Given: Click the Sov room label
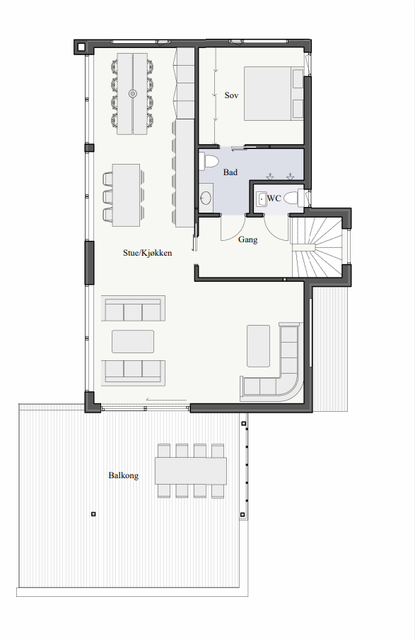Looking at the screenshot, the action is click(231, 95).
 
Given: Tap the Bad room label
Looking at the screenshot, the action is click(230, 172).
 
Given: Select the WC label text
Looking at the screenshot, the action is click(274, 198).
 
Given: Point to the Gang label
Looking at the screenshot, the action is click(247, 239).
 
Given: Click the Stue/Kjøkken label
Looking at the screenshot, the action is click(148, 253).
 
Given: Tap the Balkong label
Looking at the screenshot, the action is click(123, 475).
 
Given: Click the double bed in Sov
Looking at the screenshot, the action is click(274, 93).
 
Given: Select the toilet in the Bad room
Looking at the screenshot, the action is click(209, 161).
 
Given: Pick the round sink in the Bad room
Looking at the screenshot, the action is click(206, 198).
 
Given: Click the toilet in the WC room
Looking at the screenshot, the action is click(293, 198).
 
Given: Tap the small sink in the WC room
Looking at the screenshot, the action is click(262, 198).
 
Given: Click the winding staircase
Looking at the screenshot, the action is click(317, 247).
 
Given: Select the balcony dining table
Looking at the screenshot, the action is click(191, 470).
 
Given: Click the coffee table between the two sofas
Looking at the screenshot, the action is click(133, 341).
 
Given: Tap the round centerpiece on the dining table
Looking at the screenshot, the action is click(132, 93).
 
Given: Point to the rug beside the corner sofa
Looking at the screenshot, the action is click(258, 345).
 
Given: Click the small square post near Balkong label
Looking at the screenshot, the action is click(93, 514).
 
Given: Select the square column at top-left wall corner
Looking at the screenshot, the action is click(81, 47).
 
